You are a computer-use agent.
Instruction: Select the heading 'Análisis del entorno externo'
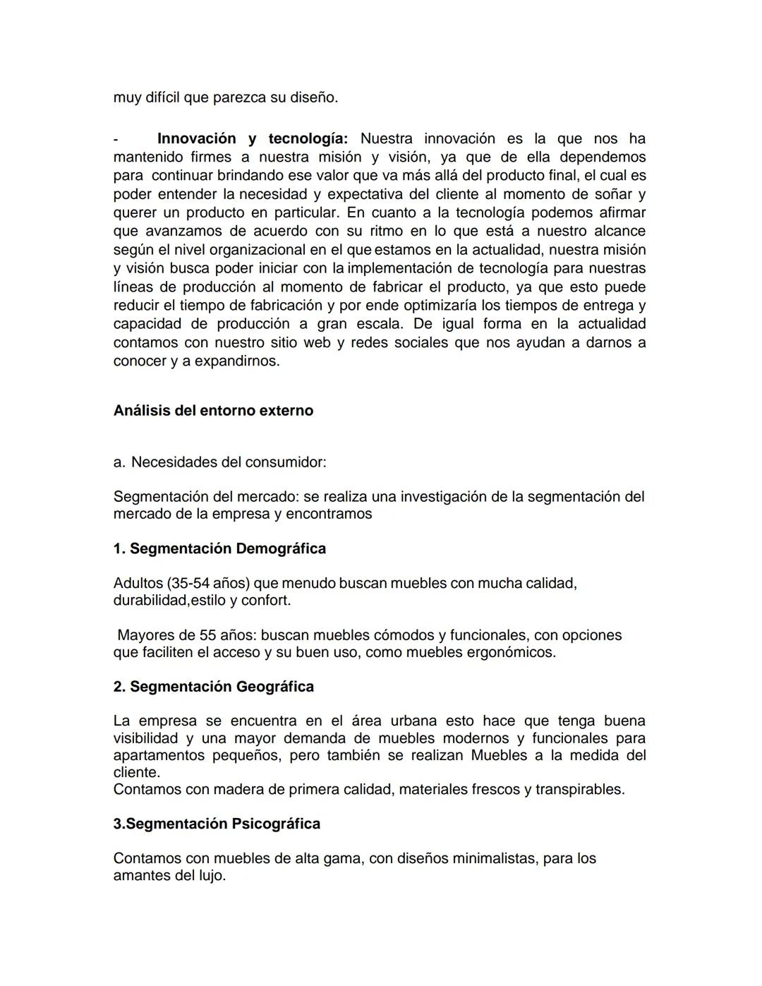point(213,411)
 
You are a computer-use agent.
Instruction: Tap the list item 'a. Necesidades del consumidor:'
point(219,462)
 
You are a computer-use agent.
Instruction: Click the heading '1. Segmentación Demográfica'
point(219,548)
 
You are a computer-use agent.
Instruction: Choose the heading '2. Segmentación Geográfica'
point(213,687)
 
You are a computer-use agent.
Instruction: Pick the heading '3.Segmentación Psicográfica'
point(217,824)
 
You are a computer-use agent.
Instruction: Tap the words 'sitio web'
point(303,342)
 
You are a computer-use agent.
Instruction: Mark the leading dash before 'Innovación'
point(116,139)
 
